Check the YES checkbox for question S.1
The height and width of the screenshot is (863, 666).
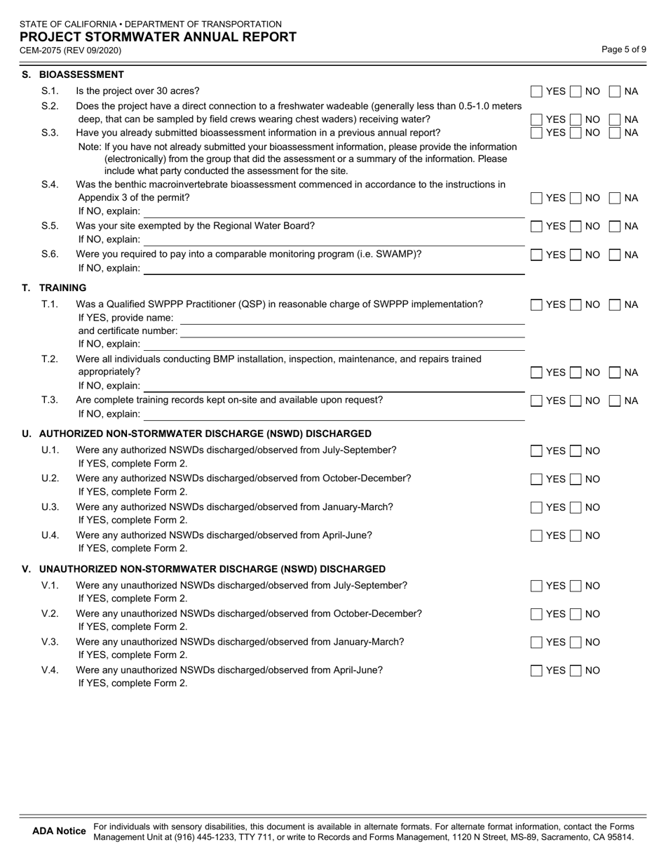click(x=536, y=91)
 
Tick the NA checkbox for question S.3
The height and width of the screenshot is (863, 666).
click(x=615, y=133)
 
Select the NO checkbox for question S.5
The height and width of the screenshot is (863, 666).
click(x=576, y=226)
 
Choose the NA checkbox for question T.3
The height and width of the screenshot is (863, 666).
click(x=615, y=401)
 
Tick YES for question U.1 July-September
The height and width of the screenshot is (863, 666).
click(x=536, y=451)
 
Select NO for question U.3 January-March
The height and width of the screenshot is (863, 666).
click(x=576, y=507)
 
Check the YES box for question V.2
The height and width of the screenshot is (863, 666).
click(x=536, y=614)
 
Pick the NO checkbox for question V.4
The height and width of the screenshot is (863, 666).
click(x=576, y=670)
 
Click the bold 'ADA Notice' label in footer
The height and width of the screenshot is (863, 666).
click(x=60, y=831)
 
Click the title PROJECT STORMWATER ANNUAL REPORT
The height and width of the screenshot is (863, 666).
click(x=158, y=37)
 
